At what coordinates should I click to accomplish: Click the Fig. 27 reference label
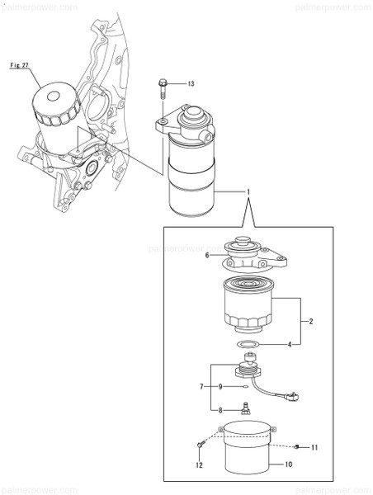click(x=20, y=64)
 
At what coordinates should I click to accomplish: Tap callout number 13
click(x=191, y=84)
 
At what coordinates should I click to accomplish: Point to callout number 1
click(x=248, y=192)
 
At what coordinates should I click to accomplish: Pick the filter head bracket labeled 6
click(x=251, y=252)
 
